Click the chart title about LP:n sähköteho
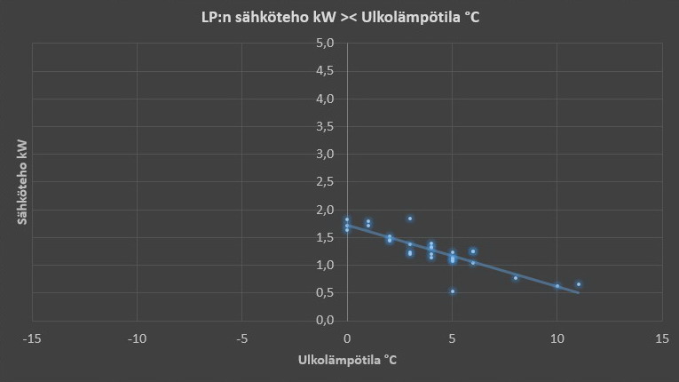340,18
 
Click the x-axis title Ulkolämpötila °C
347,361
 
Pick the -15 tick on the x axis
32,338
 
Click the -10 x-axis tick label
137,338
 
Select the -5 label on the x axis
241,338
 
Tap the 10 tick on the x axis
557,338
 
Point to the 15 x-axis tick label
661,338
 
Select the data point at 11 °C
578,284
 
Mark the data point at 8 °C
515,278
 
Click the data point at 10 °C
557,286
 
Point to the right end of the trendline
578,291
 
